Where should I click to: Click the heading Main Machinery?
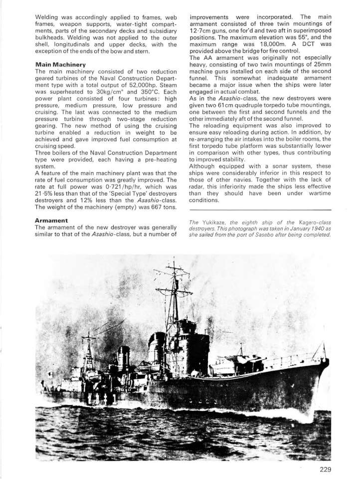[60, 64]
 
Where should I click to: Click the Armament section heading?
[52, 220]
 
